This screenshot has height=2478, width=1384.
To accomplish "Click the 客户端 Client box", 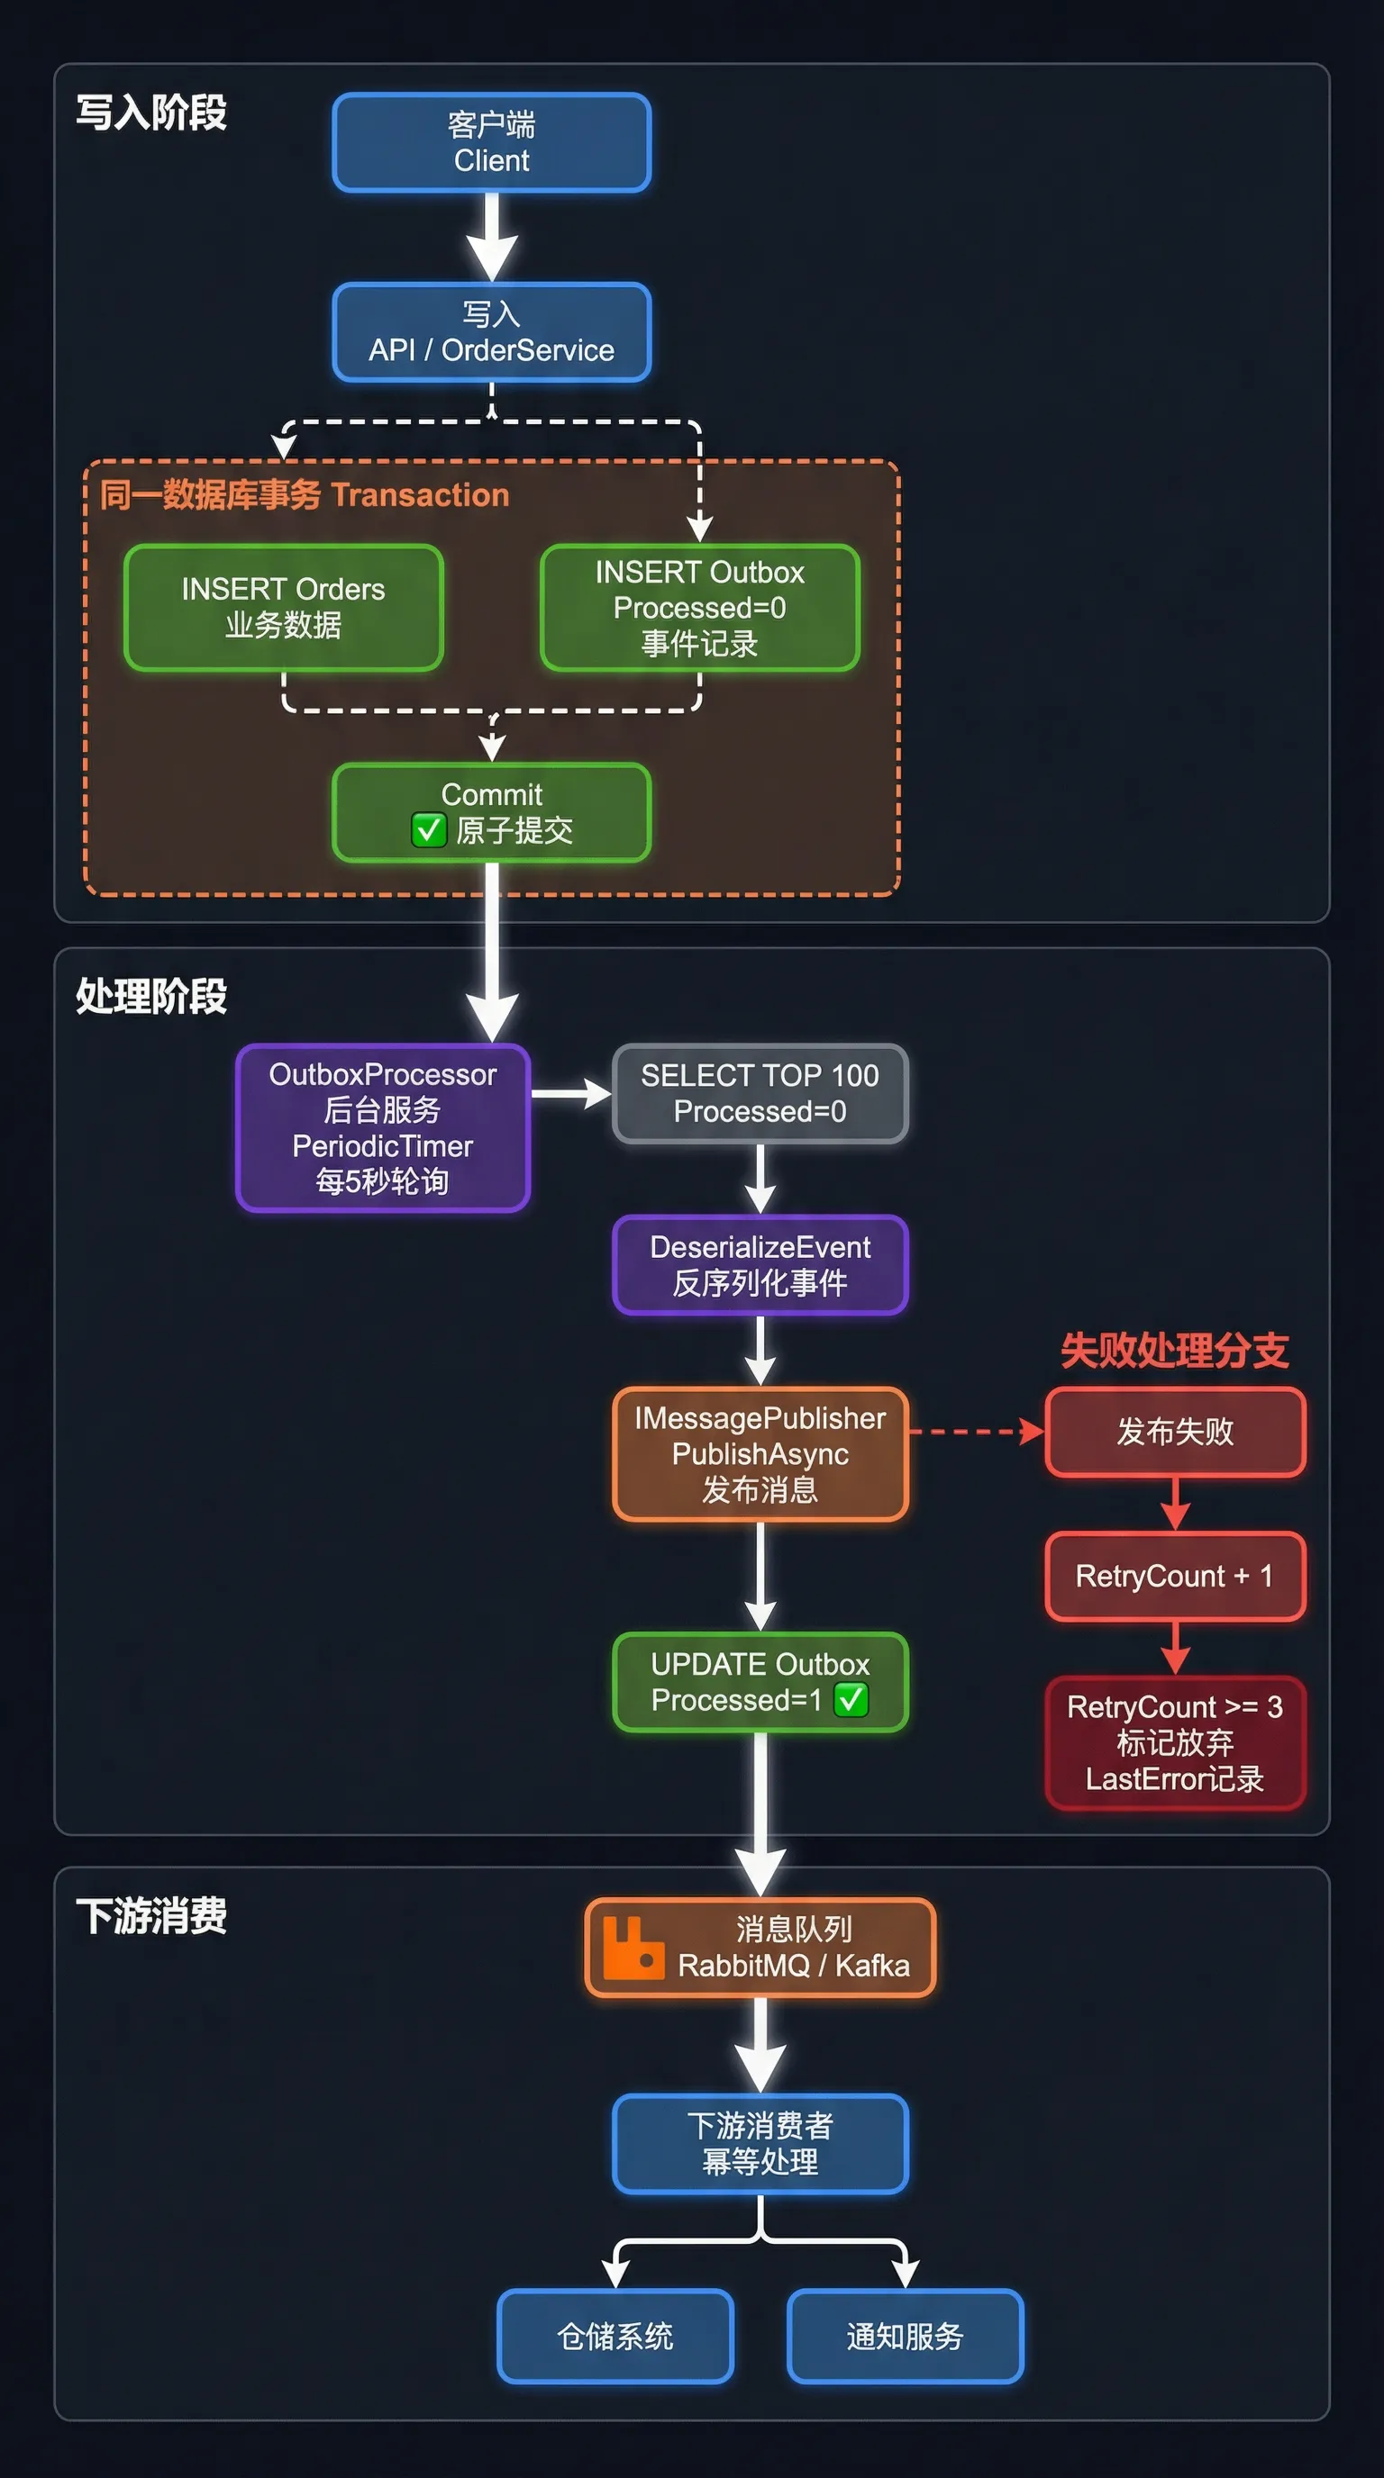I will [x=492, y=142].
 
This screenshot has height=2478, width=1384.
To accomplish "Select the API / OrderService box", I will [x=492, y=332].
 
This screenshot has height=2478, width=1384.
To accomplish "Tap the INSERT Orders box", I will [x=283, y=607].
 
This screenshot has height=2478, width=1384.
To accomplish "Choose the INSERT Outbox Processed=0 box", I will [x=700, y=607].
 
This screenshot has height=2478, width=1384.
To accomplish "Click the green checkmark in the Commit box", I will [x=428, y=829].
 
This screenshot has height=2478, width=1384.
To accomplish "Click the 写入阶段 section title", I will [x=151, y=113].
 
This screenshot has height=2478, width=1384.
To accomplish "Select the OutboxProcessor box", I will [x=382, y=1127].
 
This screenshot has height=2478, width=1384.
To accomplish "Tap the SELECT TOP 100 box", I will [x=760, y=1093].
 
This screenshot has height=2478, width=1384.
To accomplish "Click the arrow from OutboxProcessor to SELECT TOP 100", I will [x=570, y=1094].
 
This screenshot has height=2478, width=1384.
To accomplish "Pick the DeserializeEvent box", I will [x=760, y=1264].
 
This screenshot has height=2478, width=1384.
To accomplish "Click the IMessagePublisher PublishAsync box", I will [x=760, y=1453].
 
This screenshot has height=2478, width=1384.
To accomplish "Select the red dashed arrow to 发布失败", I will [x=976, y=1432].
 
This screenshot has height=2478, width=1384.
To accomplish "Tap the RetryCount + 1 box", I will [x=1174, y=1576].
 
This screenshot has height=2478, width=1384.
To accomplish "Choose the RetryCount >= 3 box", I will [x=1174, y=1742].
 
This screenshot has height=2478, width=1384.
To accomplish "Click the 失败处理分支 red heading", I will [x=1174, y=1350].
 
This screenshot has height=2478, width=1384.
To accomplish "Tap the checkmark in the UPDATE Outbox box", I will [x=851, y=1699].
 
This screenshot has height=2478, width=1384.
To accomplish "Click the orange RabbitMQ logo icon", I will [x=633, y=1948].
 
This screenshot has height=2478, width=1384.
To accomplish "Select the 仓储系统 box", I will [x=615, y=2336].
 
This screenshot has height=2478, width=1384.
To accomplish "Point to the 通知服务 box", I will [x=905, y=2336].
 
